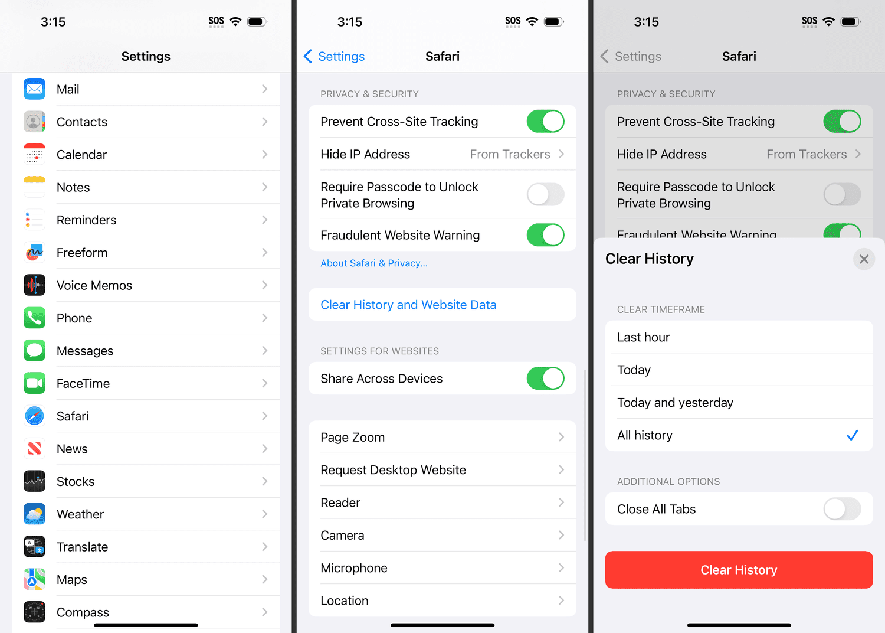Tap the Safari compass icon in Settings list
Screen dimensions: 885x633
(x=34, y=416)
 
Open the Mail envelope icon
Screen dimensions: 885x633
(x=34, y=89)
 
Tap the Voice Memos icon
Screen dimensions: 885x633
(x=34, y=285)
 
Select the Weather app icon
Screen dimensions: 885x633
(x=34, y=514)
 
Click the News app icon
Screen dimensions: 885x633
(x=34, y=449)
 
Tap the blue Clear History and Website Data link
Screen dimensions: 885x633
(x=408, y=305)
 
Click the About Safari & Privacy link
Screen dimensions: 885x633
(x=373, y=263)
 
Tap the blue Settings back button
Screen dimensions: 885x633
(x=335, y=56)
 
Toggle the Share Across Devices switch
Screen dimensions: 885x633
(x=545, y=379)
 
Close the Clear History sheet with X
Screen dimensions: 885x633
(x=864, y=259)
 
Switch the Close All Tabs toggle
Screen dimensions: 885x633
(x=842, y=509)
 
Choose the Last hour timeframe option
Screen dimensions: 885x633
(x=643, y=337)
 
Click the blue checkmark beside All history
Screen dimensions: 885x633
(x=852, y=435)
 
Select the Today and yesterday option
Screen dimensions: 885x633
(x=675, y=403)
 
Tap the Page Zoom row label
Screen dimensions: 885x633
(x=352, y=438)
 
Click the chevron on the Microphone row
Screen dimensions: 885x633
(x=561, y=568)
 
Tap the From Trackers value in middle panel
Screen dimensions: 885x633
(x=510, y=154)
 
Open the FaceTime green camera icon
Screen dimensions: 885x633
(x=34, y=383)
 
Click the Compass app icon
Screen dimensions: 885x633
(x=34, y=612)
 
